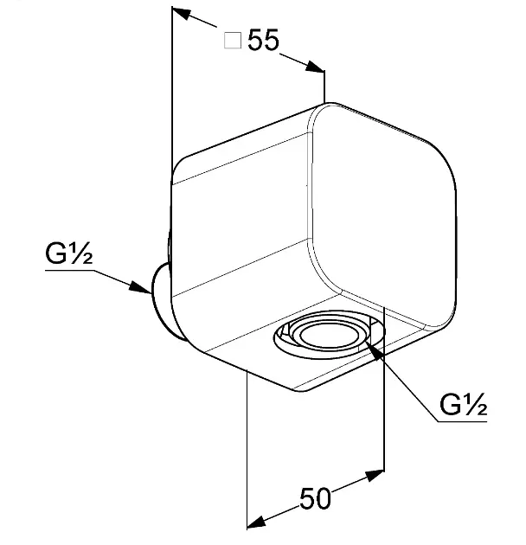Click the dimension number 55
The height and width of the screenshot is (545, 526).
(x=263, y=40)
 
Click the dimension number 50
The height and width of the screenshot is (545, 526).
(x=315, y=498)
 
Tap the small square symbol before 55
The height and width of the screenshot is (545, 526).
(x=233, y=41)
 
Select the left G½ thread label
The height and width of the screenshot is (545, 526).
(x=69, y=253)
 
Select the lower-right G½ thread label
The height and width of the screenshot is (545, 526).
(x=463, y=404)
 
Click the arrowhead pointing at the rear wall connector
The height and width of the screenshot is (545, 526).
(x=140, y=287)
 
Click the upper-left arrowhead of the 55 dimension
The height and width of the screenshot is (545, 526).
(x=182, y=13)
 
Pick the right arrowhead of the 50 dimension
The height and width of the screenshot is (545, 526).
(x=375, y=476)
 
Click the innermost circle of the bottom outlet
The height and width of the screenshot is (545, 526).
(x=329, y=336)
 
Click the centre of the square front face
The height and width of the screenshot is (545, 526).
(x=382, y=215)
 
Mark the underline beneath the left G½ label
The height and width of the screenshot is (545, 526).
(x=70, y=270)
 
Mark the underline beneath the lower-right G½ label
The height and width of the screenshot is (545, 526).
(x=462, y=421)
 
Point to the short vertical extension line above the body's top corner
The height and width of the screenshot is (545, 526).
(x=324, y=87)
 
